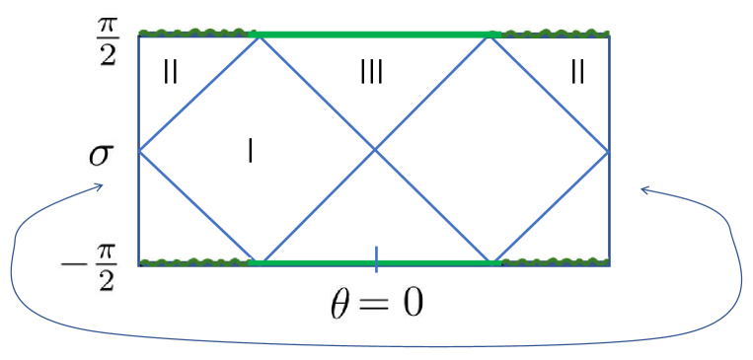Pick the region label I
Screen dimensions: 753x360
pos(251,150)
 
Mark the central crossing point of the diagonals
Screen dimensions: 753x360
pos(375,151)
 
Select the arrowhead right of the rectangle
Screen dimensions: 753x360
pos(643,189)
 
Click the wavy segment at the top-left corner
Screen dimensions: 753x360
pos(197,34)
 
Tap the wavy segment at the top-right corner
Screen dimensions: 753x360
pos(549,34)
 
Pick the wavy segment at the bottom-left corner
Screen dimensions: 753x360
pos(197,263)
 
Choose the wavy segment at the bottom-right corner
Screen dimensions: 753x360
pos(550,263)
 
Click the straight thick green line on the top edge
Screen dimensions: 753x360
pos(375,35)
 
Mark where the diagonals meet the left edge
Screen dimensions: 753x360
pos(139,151)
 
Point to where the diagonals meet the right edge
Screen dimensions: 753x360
pos(609,151)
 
